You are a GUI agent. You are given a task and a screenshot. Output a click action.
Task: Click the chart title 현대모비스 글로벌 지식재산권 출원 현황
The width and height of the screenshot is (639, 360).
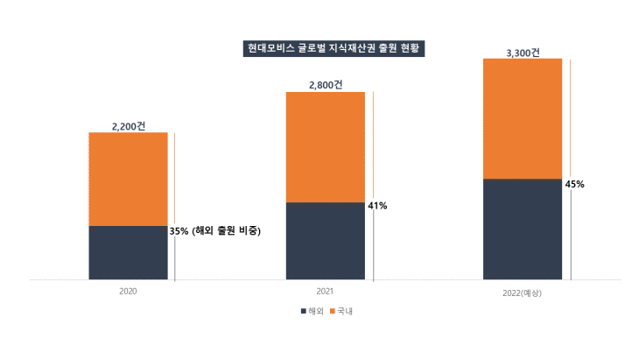point(333,48)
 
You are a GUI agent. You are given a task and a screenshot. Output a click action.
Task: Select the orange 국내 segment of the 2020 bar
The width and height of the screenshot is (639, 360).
point(128,179)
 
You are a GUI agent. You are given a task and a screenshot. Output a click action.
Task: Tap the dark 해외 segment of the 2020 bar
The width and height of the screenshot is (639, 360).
point(128,253)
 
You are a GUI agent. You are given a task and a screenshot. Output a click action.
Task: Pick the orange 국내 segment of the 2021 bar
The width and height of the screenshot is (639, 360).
point(325,146)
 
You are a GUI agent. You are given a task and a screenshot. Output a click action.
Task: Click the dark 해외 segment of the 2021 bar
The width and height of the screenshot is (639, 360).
point(325,241)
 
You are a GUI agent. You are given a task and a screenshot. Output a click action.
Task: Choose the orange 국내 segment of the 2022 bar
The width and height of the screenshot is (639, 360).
point(522,118)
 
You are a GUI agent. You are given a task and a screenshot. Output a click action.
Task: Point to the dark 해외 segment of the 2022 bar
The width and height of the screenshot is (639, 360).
point(522,229)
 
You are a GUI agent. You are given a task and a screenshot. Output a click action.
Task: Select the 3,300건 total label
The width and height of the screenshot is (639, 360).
point(523,53)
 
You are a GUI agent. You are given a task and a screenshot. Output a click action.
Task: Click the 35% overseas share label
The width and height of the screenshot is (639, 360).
point(214,231)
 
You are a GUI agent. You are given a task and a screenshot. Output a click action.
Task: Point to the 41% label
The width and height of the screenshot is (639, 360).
point(377,206)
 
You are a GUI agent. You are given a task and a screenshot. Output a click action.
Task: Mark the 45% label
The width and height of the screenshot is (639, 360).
point(575,184)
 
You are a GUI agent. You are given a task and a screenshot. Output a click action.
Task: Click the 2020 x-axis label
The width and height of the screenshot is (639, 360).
point(128,290)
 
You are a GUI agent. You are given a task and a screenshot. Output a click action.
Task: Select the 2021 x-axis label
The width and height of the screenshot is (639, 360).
point(325,290)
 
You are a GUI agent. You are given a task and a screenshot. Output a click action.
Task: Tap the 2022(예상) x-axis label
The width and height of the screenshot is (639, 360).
point(523,291)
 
